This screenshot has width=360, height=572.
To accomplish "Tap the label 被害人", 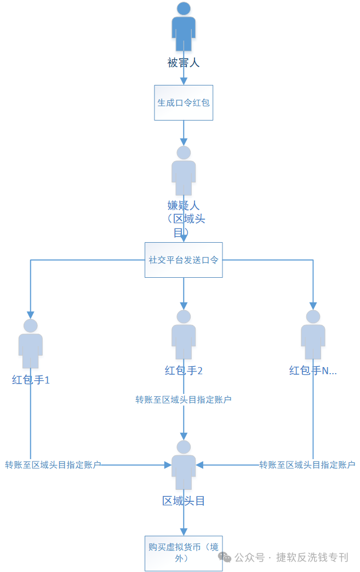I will pyautogui.click(x=184, y=63).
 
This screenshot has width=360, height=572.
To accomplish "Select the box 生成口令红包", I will pyautogui.click(x=184, y=102).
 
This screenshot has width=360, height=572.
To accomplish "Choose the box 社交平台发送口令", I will pyautogui.click(x=184, y=260).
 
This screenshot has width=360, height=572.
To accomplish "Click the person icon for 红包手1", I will pyautogui.click(x=31, y=344).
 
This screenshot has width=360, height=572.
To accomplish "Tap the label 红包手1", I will pyautogui.click(x=31, y=379).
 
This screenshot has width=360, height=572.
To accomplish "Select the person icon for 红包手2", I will pyautogui.click(x=184, y=335).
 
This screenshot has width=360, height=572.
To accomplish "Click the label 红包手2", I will pyautogui.click(x=184, y=370).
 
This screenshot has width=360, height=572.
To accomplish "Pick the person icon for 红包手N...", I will pyautogui.click(x=313, y=335).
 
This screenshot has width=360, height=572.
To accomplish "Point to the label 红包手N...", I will pyautogui.click(x=313, y=370).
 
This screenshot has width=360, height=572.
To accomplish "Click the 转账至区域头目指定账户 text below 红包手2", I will pyautogui.click(x=184, y=399).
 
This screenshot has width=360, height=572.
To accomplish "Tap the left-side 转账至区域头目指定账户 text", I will pyautogui.click(x=53, y=465).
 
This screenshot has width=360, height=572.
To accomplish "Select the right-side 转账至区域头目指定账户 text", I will pyautogui.click(x=307, y=465).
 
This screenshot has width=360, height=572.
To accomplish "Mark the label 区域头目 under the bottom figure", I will pyautogui.click(x=184, y=501).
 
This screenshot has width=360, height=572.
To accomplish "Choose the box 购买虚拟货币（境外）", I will pyautogui.click(x=184, y=553).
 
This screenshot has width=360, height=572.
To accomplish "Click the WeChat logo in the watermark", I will pyautogui.click(x=225, y=557).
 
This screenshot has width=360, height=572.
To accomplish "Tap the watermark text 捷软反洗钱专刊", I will pyautogui.click(x=312, y=557).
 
